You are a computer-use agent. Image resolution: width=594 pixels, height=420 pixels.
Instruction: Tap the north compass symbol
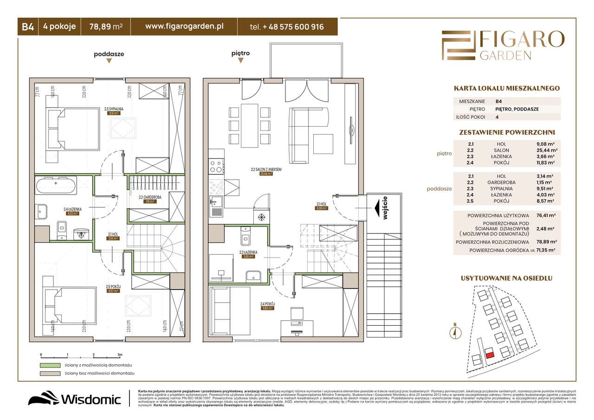tap(456, 331)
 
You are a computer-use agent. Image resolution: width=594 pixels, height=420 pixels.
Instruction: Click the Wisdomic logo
tap(74, 399)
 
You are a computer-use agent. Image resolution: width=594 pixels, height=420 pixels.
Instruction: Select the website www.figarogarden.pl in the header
tap(184, 27)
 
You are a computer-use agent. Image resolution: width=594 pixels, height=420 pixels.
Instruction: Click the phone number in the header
tap(287, 27)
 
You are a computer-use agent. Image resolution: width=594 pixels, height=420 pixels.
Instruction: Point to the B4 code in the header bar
tap(27, 27)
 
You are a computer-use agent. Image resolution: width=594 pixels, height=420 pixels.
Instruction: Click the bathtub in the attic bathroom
tap(55, 185)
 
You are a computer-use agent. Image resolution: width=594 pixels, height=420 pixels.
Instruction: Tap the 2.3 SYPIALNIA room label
tap(114, 110)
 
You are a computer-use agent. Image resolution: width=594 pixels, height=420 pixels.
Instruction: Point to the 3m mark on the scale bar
tap(120, 355)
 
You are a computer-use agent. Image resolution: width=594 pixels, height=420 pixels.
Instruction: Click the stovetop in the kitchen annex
tap(216, 164)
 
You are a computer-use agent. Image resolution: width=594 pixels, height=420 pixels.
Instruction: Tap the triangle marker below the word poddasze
tap(109, 61)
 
